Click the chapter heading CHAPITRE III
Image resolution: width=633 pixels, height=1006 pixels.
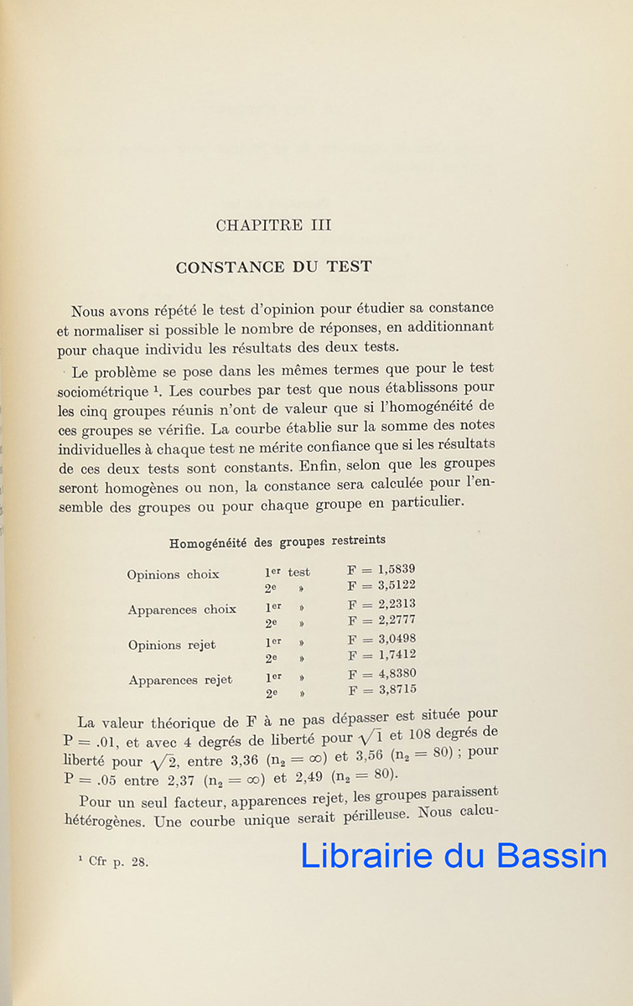point(273,226)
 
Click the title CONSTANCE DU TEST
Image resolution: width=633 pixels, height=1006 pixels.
point(273,267)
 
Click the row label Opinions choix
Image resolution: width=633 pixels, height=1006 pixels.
point(173,575)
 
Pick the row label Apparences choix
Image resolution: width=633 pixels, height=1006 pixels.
point(182,610)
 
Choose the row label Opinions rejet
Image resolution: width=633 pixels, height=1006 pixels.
point(171,646)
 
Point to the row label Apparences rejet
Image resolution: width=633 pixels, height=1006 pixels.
point(180,681)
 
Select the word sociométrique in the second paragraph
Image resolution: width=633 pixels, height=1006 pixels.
point(99,392)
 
